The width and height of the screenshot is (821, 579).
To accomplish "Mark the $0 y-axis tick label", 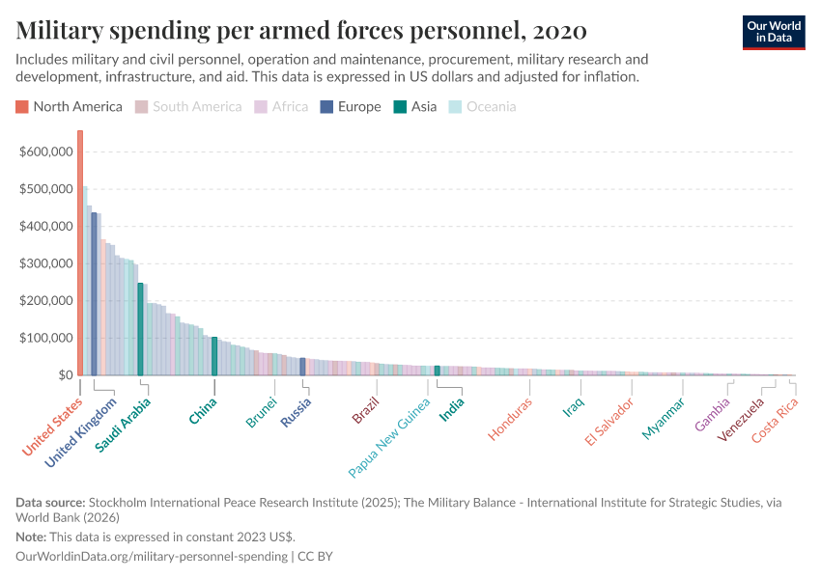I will point(63,375).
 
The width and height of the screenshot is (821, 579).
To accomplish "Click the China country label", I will point(203,411).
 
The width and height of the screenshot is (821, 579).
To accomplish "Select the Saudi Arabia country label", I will point(123,426).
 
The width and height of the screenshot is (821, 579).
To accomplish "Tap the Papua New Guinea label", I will point(389,437).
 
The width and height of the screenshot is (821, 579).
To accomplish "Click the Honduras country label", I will point(511,419).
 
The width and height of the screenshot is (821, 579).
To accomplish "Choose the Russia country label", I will point(297,412).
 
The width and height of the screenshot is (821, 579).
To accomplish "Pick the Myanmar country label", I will point(664,419).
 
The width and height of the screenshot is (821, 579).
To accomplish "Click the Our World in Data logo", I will point(773,31).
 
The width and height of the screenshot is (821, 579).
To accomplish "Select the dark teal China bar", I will point(214,356).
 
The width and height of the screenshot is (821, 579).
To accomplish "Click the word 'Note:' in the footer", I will point(32,537).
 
